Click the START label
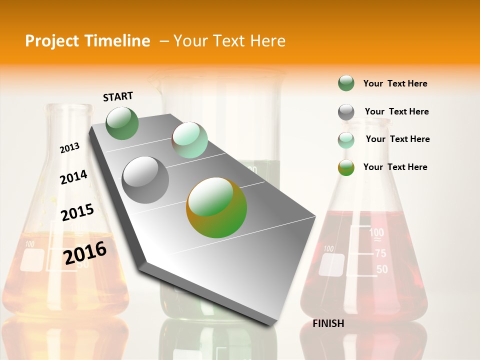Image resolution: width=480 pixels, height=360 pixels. tap(118, 96)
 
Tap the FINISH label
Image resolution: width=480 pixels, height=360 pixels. tap(328, 323)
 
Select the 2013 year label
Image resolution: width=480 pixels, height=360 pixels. tap(69, 148)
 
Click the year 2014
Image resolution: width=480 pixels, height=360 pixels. tap(73, 177)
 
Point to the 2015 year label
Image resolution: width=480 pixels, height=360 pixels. tap(77, 212)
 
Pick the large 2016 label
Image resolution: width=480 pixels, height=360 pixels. tap(85, 253)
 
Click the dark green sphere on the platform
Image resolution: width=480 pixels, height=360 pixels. tap(122, 123)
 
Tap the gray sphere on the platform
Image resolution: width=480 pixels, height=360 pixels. tap(145, 179)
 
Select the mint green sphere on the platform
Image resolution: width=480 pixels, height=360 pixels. tap(189, 140)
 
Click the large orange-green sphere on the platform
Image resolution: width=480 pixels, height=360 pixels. tap(216, 207)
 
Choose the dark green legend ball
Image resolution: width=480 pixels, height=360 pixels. tap(346, 83)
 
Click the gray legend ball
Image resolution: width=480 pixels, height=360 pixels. tap(346, 112)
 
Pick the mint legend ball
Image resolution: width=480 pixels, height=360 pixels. tap(346, 140)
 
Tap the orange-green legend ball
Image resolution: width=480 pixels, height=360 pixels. tap(346, 167)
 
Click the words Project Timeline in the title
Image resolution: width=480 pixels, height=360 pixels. tap(87, 41)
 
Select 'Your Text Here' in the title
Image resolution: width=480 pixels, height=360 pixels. tap(229, 41)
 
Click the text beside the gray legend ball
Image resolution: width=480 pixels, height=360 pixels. tap(396, 111)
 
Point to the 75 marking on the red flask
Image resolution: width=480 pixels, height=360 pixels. tap(380, 254)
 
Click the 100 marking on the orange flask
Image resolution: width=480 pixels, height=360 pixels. tap(29, 244)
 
